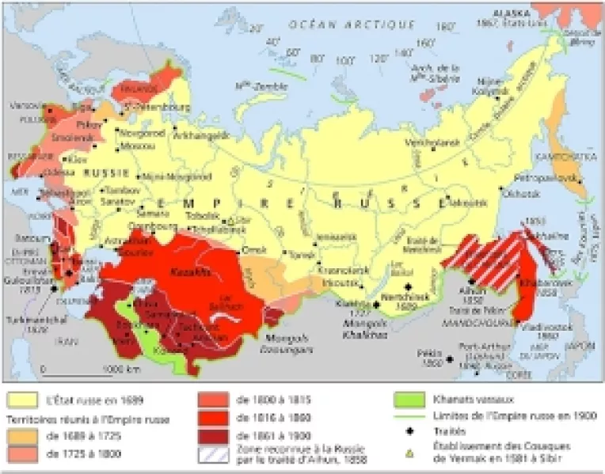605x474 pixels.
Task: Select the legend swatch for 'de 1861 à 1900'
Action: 211,435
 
